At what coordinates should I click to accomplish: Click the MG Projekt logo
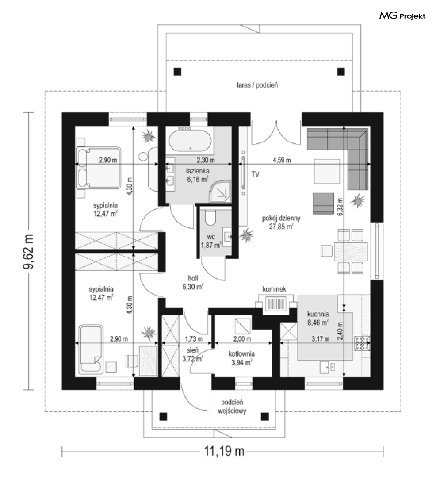point(402,15)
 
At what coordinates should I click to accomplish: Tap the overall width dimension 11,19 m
point(224,451)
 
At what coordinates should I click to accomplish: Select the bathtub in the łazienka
point(190,141)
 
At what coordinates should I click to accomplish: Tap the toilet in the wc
point(210,218)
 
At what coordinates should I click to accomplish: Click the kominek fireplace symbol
point(276,304)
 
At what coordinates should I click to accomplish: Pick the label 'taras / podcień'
point(257,85)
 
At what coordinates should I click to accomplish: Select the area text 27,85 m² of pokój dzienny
point(281,227)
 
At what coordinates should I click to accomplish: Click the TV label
point(255,174)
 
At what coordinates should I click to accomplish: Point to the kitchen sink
point(328,366)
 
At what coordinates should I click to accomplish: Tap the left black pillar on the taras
point(177,71)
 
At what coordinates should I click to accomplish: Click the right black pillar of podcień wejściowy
point(265,416)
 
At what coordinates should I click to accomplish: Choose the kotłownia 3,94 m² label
point(241,358)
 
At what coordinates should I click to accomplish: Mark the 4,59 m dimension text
point(282,160)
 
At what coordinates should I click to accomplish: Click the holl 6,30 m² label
point(193,283)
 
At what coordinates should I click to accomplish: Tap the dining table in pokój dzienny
point(350,251)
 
